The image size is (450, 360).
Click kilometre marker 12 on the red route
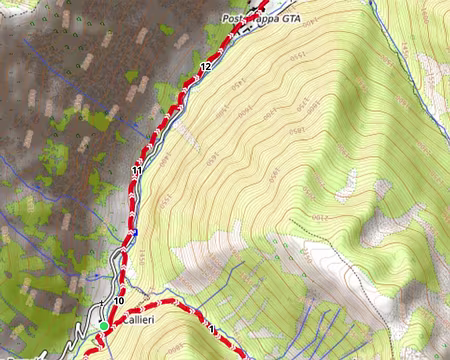205,66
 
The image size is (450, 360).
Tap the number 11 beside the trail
136,172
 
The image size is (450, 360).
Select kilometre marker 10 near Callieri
118,301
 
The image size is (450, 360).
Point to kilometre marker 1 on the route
212,327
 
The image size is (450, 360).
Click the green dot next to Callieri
104,325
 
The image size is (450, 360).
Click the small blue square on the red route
132,234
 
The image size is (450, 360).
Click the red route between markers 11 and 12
168,115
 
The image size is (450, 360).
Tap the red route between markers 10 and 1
160,303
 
